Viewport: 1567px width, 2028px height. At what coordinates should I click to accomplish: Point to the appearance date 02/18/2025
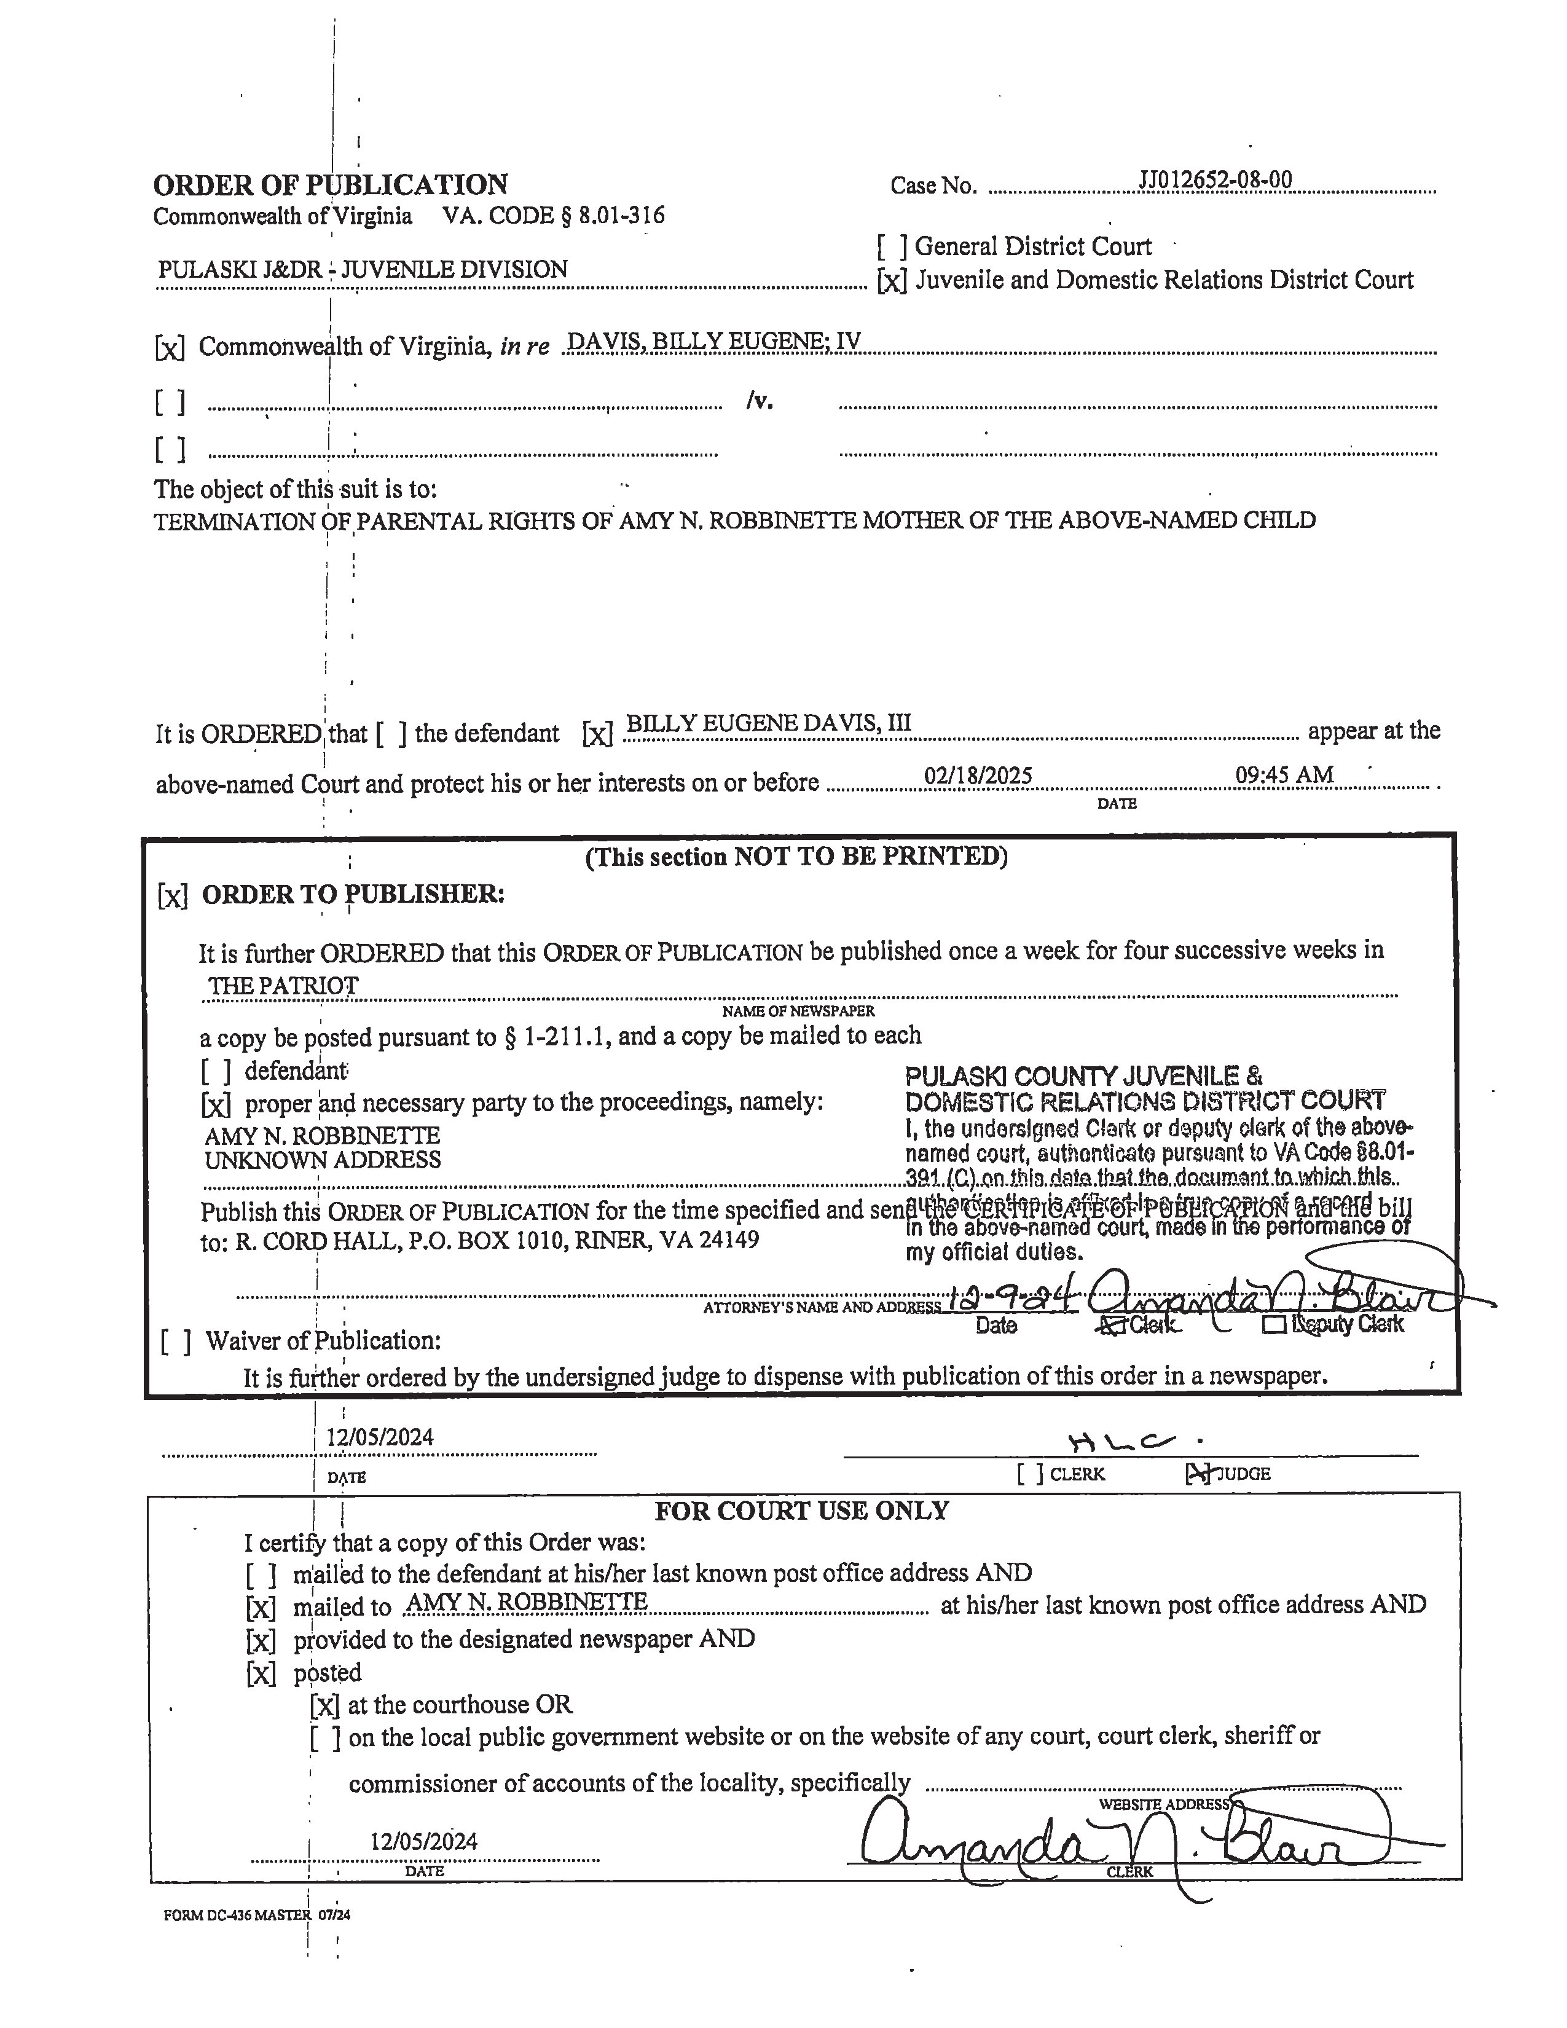point(978,776)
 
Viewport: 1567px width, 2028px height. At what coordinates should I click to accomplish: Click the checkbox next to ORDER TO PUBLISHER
point(173,896)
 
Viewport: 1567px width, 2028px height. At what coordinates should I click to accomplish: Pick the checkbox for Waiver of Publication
point(176,1342)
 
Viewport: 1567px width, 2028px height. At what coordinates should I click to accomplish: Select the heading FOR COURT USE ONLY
point(801,1511)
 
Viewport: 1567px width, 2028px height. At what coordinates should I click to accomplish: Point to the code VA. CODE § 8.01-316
point(553,216)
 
